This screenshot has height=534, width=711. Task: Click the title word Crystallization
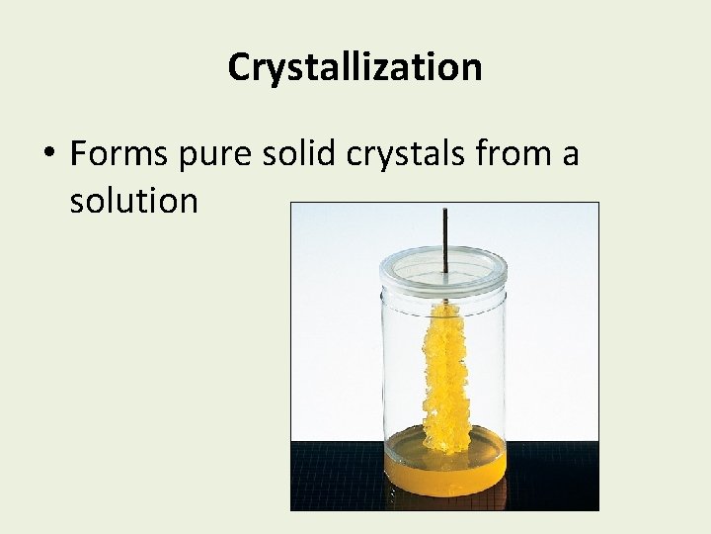tap(355, 67)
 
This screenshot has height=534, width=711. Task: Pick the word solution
tap(133, 201)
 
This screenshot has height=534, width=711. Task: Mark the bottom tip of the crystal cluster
tap(447, 449)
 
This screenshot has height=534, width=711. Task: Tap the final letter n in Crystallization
tap(472, 68)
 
